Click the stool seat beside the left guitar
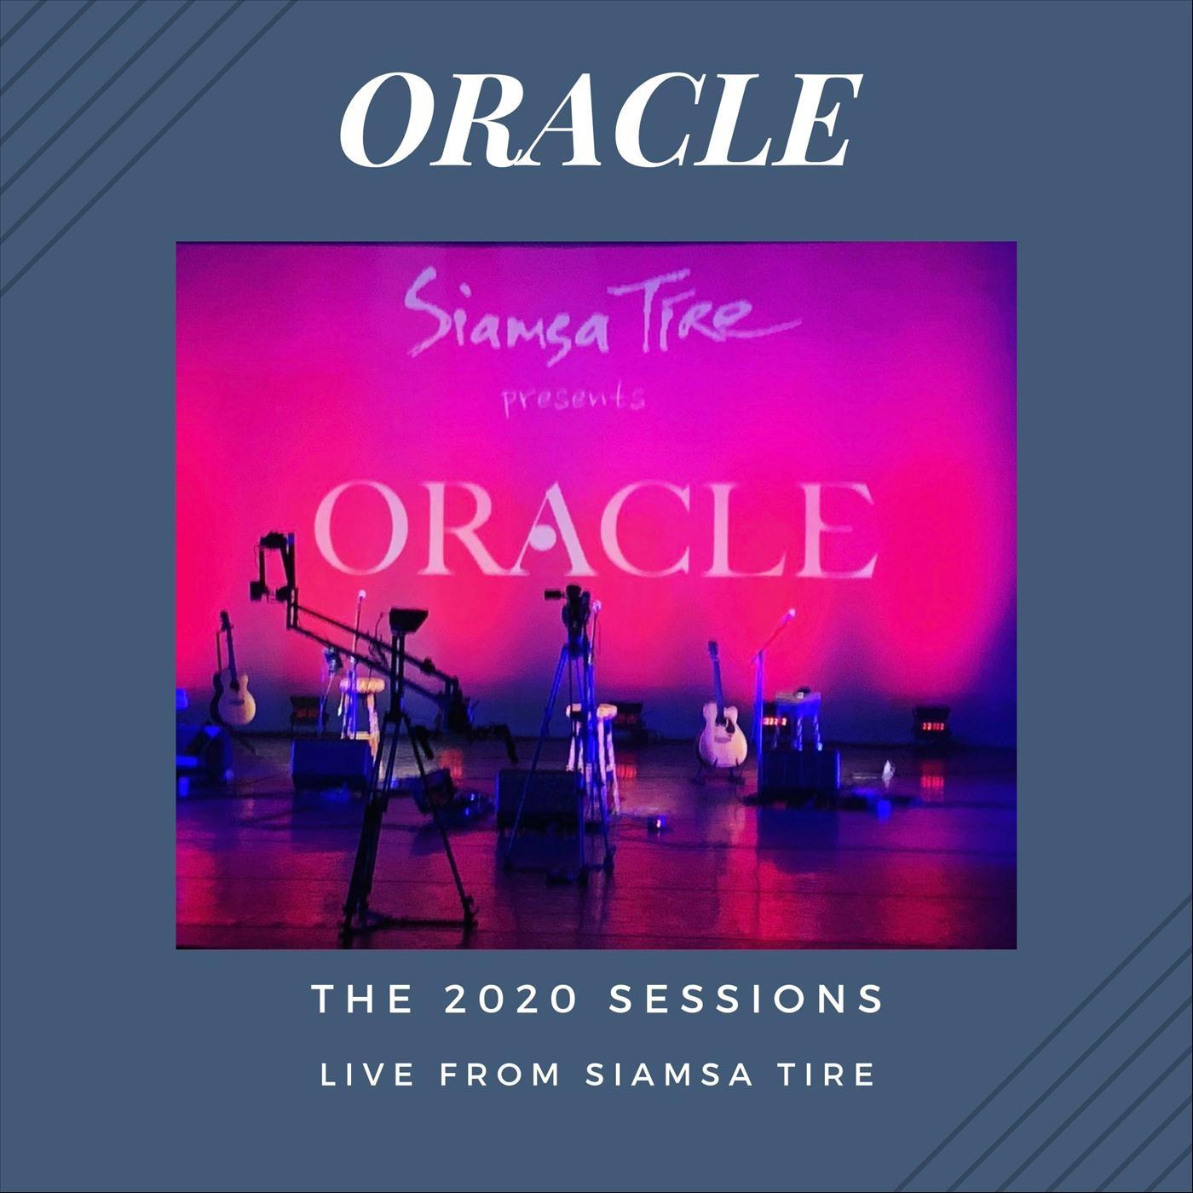362,685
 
